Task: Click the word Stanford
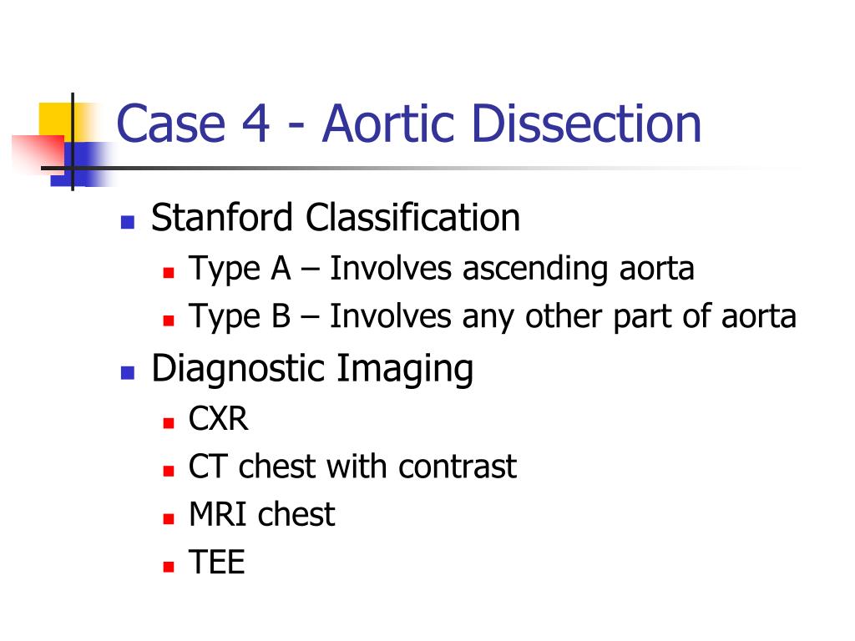pyautogui.click(x=222, y=219)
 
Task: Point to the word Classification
pyautogui.click(x=412, y=219)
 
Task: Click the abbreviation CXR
pyautogui.click(x=219, y=418)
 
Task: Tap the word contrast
pyautogui.click(x=458, y=467)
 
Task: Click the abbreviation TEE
pyautogui.click(x=217, y=563)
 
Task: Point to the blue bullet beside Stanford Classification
pyautogui.click(x=127, y=222)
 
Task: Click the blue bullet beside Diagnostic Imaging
pyautogui.click(x=127, y=371)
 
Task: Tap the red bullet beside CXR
pyautogui.click(x=168, y=421)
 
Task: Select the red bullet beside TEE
pyautogui.click(x=168, y=567)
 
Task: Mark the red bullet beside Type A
pyautogui.click(x=168, y=272)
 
